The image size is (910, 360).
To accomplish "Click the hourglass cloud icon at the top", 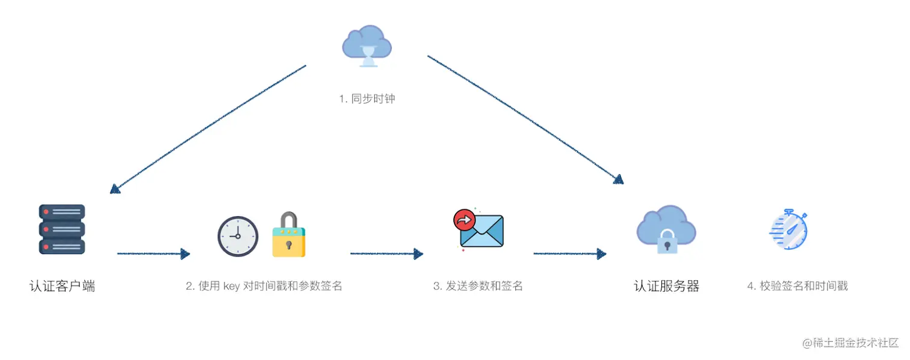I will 367,46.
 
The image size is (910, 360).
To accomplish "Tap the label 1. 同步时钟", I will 367,98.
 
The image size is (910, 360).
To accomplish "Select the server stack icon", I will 62,229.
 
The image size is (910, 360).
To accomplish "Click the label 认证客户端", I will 62,286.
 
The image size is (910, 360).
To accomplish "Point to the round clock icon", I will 238,236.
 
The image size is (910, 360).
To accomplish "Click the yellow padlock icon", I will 289,235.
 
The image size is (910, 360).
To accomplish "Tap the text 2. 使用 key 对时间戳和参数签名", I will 264,286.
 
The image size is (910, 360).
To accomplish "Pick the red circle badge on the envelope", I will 464,220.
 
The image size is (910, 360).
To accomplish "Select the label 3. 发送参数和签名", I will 478,286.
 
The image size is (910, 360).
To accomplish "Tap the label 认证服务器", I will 667,286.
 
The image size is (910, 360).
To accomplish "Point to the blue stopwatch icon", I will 789,231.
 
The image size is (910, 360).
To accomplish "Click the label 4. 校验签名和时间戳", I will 797,286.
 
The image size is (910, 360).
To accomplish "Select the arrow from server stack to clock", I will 153,254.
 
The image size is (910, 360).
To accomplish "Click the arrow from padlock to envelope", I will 386,254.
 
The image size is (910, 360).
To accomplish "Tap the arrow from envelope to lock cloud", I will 569,254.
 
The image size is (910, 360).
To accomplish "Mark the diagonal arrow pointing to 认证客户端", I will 208,129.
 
